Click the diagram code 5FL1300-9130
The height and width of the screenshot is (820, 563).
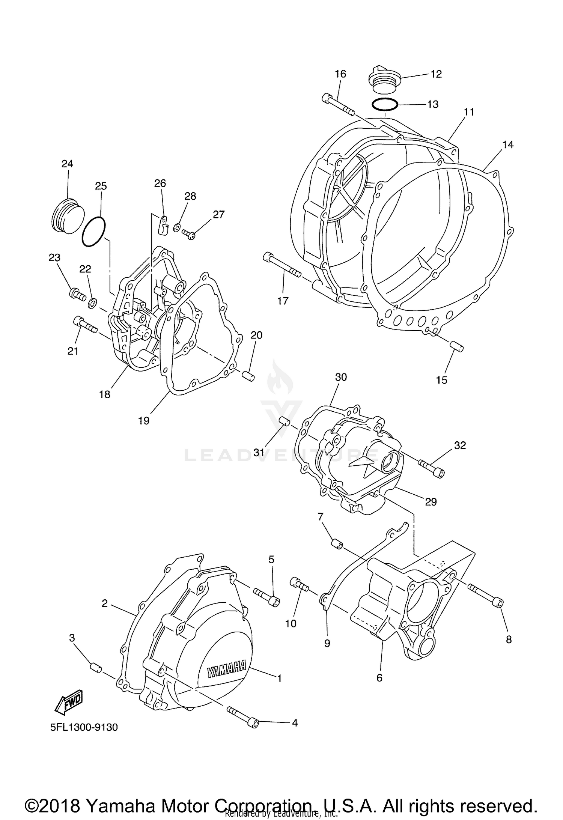[x=84, y=727]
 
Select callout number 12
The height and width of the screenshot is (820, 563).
[x=436, y=74]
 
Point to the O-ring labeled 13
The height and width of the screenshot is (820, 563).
[x=385, y=105]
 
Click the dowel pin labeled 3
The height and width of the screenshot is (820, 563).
[x=96, y=668]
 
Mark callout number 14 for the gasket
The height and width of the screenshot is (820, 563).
[x=507, y=144]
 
